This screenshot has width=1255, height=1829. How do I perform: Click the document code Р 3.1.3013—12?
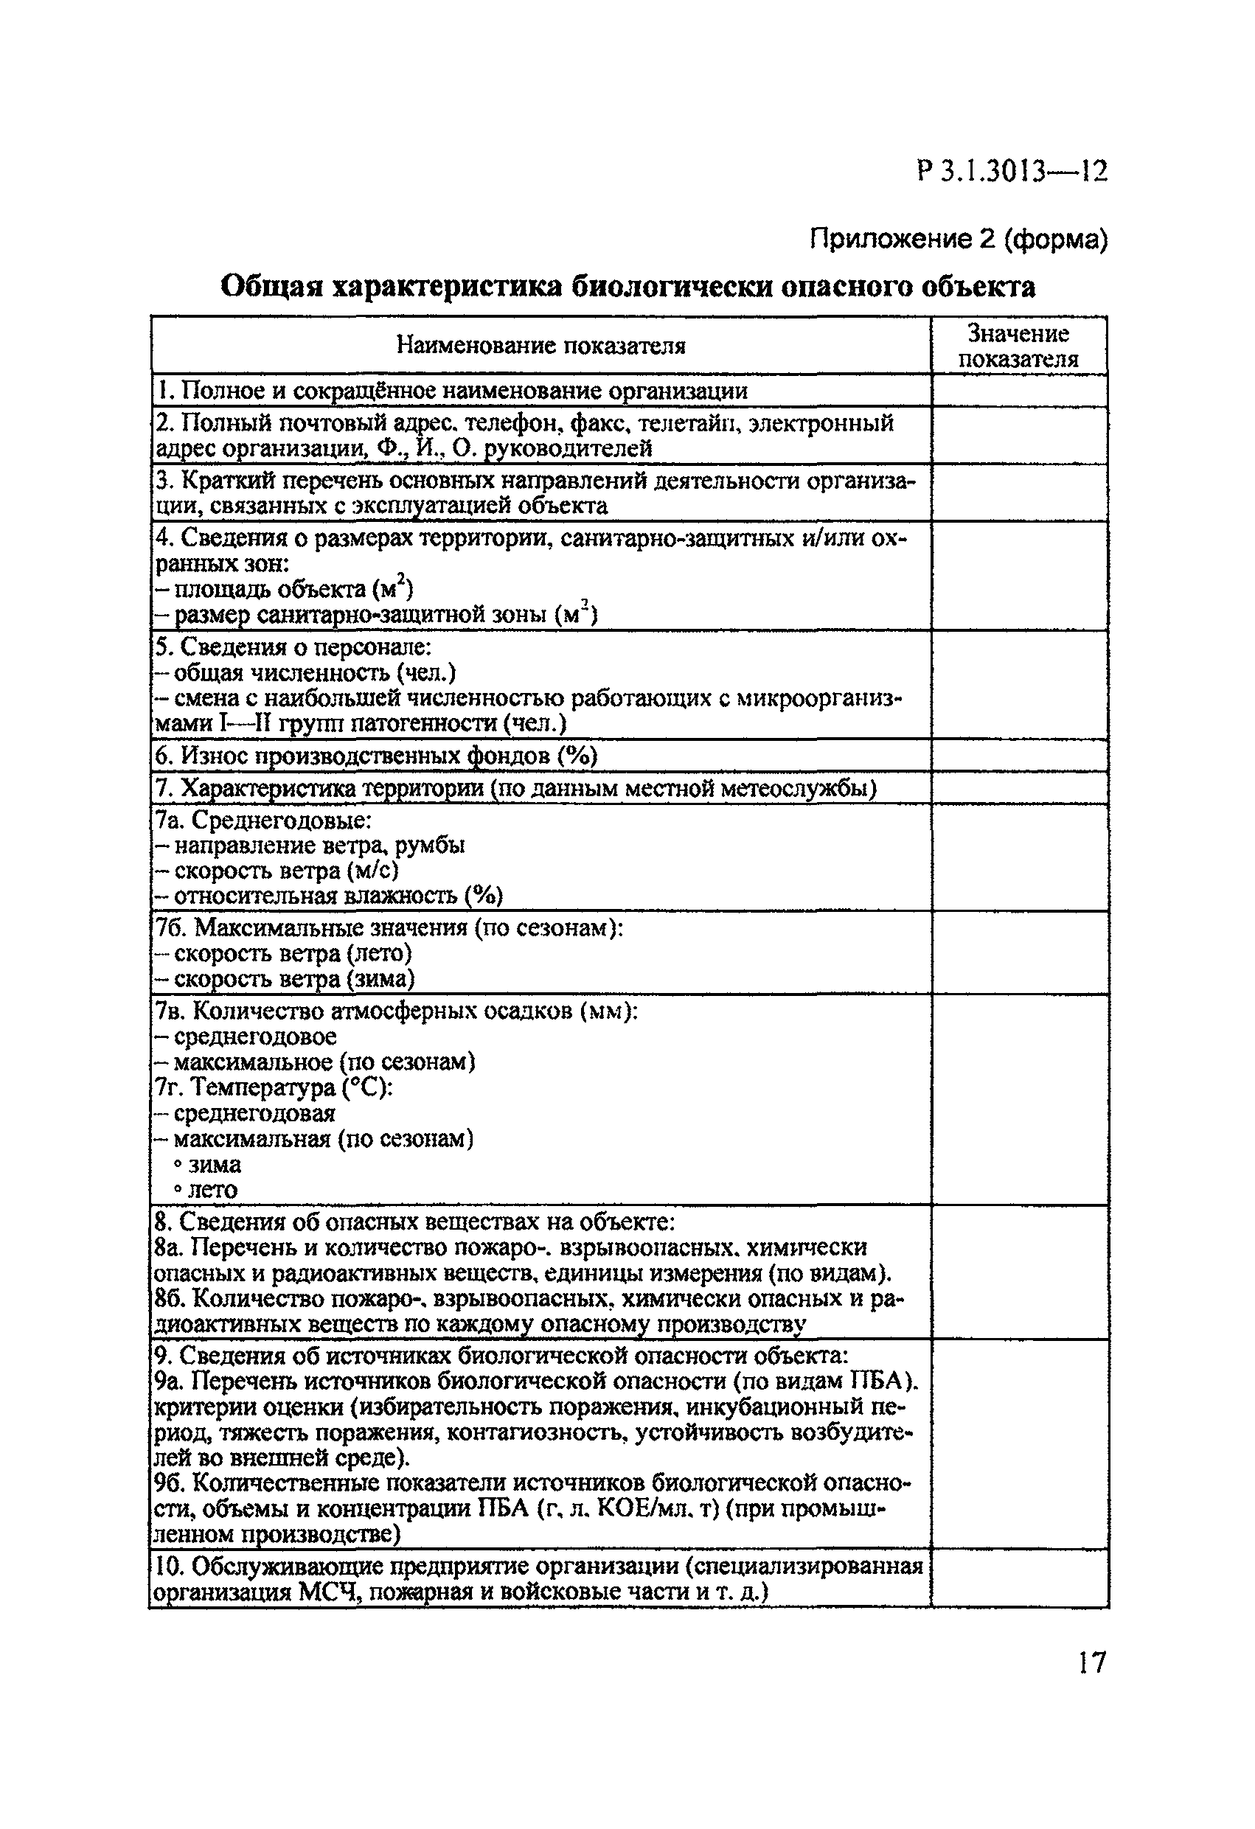[1012, 172]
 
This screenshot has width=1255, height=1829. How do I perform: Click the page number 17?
[1091, 1662]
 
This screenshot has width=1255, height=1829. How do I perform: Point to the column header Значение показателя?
[1018, 346]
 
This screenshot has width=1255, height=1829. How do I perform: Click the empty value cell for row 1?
[1018, 391]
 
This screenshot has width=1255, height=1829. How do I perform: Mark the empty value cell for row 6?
[1018, 756]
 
